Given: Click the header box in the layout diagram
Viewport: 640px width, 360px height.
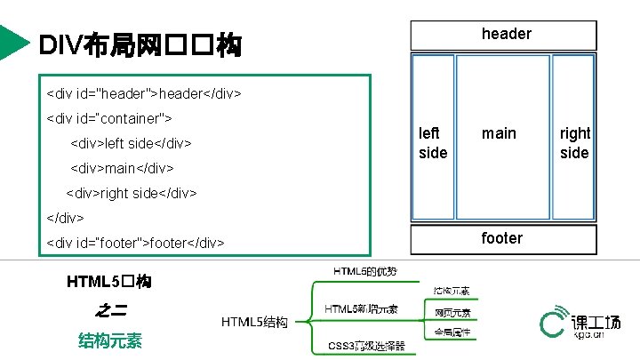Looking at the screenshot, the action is point(503,34).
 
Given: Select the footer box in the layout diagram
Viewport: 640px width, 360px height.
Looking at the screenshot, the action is point(503,238).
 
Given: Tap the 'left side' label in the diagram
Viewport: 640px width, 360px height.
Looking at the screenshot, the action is point(433,142).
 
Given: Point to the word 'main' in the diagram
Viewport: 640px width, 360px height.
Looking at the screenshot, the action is point(499,133).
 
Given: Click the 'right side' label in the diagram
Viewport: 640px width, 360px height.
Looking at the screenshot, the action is point(574,142).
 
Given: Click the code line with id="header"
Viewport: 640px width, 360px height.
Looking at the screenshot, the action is point(143,92).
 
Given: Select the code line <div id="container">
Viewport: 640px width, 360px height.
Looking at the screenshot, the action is point(108,117).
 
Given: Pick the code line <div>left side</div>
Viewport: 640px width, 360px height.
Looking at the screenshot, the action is point(131,142).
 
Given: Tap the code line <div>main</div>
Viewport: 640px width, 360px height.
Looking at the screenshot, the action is point(121,167).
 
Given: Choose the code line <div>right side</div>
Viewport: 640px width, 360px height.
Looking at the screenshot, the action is point(131,192).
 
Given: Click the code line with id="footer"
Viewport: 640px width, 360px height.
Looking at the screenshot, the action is point(135,242).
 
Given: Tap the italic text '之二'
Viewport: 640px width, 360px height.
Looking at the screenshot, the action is point(109,310).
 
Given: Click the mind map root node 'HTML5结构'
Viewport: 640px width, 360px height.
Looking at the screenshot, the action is point(254,322).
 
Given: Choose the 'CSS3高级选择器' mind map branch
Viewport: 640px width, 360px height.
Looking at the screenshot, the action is point(366,345).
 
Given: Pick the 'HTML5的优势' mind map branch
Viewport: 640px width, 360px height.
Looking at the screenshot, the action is point(365,270).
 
